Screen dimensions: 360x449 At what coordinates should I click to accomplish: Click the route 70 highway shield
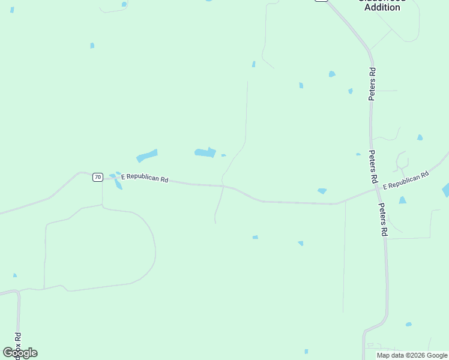point(97,177)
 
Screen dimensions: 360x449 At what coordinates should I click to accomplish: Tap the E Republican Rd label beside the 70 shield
point(145,178)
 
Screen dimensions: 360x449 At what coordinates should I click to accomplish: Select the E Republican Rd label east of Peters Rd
point(406,180)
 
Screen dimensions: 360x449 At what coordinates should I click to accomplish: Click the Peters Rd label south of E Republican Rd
point(382,219)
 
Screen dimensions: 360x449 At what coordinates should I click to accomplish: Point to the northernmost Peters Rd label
point(373,83)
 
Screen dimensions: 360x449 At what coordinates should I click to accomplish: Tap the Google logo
point(20,353)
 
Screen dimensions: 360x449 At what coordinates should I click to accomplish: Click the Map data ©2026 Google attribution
point(412,355)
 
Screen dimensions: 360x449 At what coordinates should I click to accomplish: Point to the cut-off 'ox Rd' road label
point(18,342)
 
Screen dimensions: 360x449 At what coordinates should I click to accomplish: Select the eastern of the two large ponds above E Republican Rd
point(205,152)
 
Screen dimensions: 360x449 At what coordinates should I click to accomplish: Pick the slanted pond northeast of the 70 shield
point(146,156)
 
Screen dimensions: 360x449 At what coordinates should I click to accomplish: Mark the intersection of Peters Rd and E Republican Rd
point(376,188)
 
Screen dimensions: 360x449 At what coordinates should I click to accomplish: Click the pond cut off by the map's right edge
point(446,190)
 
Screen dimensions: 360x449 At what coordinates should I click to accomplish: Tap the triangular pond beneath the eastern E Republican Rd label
point(402,200)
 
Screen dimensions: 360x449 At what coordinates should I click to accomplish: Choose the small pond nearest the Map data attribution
point(409,324)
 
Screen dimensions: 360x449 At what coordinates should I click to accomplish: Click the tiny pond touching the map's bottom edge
point(306,351)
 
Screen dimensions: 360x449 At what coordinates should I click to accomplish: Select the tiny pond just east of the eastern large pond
point(223,155)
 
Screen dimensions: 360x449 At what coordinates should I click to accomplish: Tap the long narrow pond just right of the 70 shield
point(118,184)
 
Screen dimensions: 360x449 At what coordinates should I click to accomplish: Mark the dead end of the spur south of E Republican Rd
point(215,223)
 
